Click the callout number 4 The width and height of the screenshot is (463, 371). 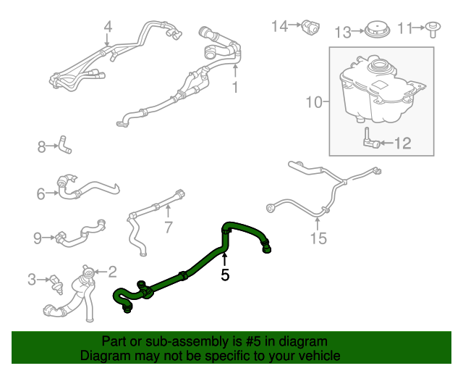(x=108, y=28)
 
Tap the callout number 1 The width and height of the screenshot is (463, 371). (x=235, y=88)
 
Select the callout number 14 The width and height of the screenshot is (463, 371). (x=279, y=26)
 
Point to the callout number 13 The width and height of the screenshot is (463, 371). (x=341, y=31)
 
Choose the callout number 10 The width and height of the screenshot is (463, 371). (x=313, y=102)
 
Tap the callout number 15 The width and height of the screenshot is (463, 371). (x=318, y=238)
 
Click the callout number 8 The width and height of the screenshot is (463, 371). (x=41, y=148)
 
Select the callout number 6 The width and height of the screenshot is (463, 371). (x=41, y=193)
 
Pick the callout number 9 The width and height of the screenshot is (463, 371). (x=38, y=236)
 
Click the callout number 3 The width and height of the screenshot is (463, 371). (x=32, y=278)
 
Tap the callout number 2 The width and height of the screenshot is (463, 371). (x=112, y=272)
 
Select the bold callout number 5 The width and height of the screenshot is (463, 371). (x=225, y=275)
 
